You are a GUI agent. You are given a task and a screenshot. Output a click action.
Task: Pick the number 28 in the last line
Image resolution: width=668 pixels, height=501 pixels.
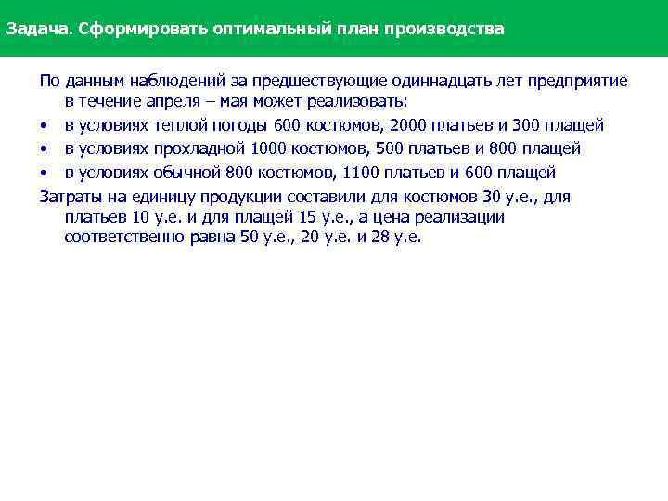click(380, 238)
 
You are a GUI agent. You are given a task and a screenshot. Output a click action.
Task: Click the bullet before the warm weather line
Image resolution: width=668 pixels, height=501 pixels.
click(44, 125)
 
